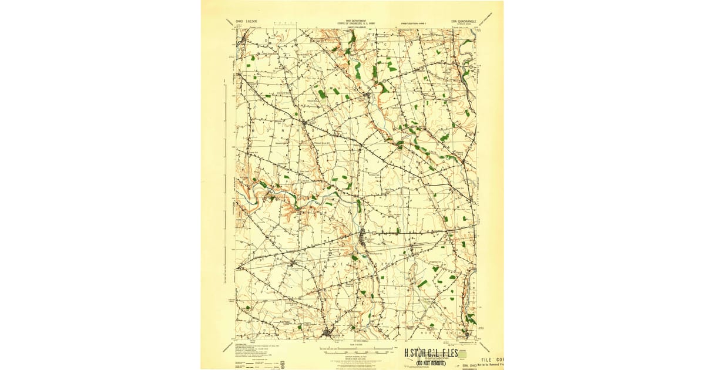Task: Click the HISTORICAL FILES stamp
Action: (432, 354)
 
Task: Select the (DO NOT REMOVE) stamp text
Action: (432, 362)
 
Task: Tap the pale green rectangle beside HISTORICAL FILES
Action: (462, 355)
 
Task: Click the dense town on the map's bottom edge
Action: (327, 334)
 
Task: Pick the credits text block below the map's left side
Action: (258, 351)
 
